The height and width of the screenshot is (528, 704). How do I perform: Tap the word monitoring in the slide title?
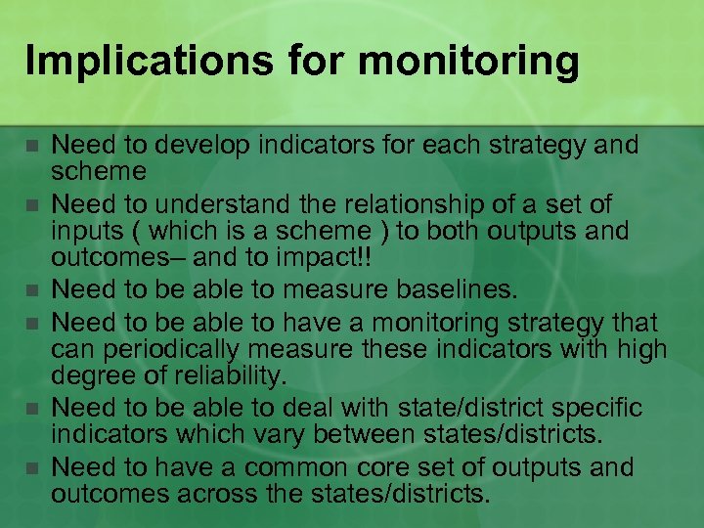tap(468, 61)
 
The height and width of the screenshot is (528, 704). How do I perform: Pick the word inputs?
tap(82, 232)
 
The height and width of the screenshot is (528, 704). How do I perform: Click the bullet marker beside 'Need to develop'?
tap(32, 147)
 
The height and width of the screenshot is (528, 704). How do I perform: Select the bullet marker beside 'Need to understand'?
tap(32, 205)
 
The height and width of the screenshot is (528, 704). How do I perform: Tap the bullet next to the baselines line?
tap(32, 290)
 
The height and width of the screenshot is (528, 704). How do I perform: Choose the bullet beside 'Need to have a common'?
tap(32, 467)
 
